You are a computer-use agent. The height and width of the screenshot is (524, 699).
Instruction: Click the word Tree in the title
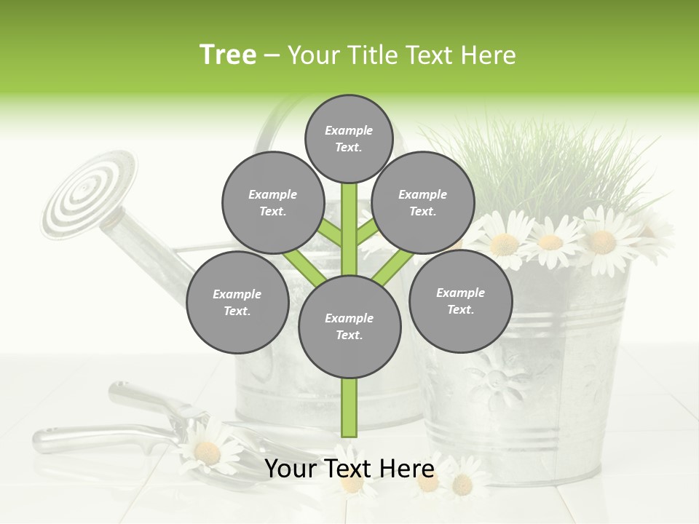tap(228, 55)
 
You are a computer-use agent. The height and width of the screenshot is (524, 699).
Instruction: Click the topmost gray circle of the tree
tap(349, 138)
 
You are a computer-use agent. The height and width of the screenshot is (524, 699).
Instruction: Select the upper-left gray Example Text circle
tap(273, 202)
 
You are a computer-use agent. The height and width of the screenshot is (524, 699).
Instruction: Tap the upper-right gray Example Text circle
tap(423, 202)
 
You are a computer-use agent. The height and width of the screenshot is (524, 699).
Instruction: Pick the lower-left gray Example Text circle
tap(237, 302)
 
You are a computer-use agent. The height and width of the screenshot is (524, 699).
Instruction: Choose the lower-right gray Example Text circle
tap(460, 301)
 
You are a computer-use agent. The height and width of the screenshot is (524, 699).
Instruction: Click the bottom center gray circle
tap(349, 326)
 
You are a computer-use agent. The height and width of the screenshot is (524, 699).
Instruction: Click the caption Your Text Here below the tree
tap(349, 469)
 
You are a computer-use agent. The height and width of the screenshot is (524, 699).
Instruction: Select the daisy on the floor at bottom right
tap(462, 484)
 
